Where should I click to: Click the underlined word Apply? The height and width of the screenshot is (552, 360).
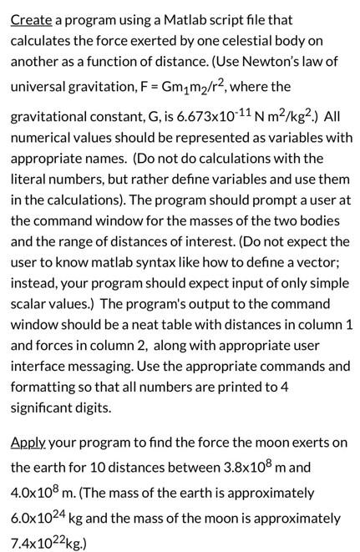29,443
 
